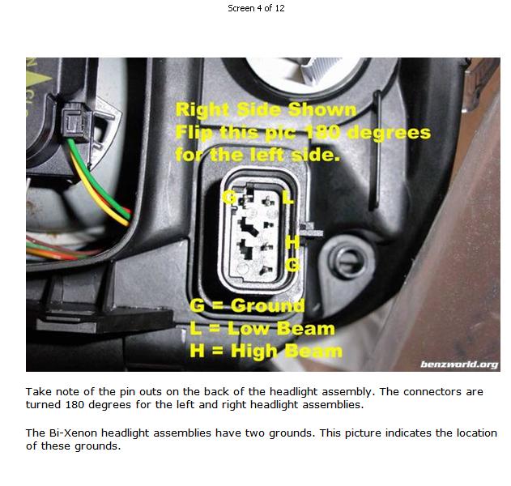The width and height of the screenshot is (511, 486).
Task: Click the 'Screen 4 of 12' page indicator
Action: point(256,8)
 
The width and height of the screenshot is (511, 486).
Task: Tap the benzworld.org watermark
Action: point(459,364)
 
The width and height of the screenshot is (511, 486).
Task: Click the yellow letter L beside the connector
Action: point(288,197)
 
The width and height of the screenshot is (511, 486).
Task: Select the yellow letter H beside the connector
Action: point(292,242)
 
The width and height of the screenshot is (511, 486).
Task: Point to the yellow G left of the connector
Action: point(230,198)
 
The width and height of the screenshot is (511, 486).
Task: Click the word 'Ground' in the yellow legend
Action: point(267,305)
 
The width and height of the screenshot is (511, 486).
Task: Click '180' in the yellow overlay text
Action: point(322,133)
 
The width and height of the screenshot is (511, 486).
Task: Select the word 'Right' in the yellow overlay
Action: point(202,109)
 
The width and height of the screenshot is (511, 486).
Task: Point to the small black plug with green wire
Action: point(75,122)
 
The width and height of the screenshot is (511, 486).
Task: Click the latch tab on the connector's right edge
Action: point(311,230)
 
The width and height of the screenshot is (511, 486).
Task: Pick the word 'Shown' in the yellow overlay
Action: point(322,109)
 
